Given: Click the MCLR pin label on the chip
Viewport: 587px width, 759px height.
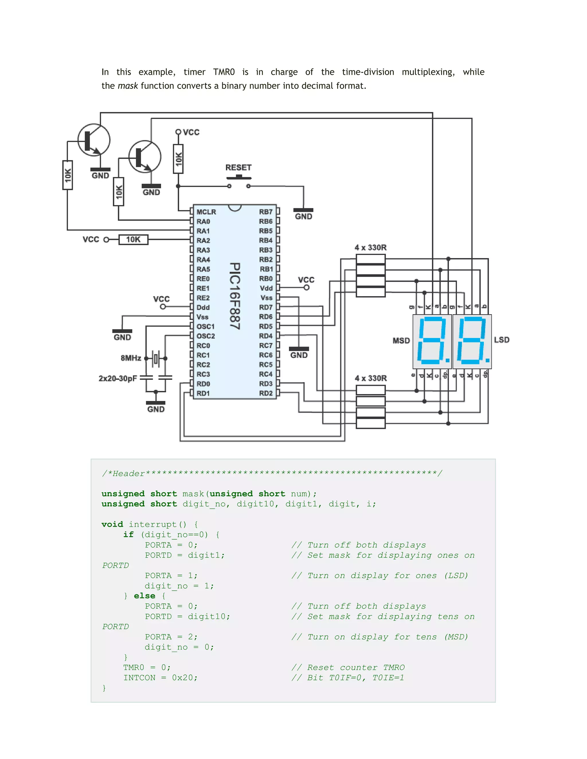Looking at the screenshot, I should pos(206,212).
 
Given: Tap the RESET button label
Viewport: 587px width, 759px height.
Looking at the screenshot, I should pos(238,168).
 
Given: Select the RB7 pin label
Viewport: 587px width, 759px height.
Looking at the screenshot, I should pos(266,212).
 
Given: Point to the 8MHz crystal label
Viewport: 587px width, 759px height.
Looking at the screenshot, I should pos(131,358).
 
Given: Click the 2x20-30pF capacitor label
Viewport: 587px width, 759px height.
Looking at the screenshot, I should pos(118,378).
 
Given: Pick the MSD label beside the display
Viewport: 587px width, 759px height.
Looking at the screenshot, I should pos(401,341).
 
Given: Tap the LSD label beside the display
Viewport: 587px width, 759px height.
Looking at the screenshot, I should pos(502,340).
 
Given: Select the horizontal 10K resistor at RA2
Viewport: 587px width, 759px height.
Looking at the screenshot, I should pos(133,239).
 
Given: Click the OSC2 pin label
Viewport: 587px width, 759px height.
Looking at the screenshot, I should pos(206,336).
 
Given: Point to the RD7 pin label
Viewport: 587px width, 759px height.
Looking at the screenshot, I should pos(266,307).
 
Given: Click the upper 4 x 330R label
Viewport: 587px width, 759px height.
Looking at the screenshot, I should pos(370,247).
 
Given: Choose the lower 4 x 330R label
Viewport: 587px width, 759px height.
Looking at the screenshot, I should pos(370,378).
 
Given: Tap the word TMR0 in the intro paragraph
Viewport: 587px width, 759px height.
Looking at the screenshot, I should pos(224,72).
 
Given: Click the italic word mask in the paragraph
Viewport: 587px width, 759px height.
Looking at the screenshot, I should pos(128,86).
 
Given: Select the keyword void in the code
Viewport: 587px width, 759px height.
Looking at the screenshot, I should pos(112,524).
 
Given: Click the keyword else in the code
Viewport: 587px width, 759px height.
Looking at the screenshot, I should pos(144,596).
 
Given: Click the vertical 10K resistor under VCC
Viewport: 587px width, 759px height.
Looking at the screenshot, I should pos(178,159).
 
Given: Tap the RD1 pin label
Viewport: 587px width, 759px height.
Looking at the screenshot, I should pos(203,394).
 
